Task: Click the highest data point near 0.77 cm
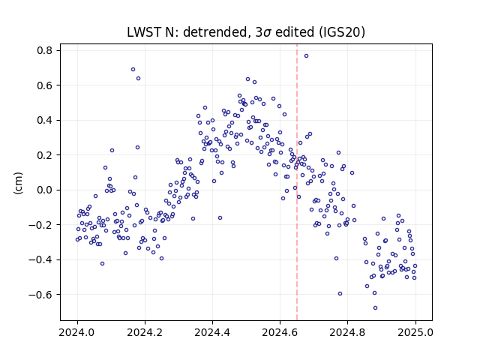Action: [306, 56]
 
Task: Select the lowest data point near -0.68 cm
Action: [375, 308]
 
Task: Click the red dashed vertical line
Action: [297, 182]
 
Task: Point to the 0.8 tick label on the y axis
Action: [44, 50]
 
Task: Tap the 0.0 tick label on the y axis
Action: [44, 190]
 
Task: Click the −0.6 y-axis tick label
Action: [40, 295]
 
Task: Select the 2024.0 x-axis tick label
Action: [77, 332]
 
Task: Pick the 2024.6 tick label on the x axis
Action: [280, 332]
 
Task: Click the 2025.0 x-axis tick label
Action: [415, 332]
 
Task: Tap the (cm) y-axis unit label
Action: [18, 183]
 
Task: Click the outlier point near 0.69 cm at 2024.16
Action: [133, 70]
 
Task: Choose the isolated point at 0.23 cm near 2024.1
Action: [112, 150]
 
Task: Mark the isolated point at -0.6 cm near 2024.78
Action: [340, 294]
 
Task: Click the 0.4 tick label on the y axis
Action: [44, 120]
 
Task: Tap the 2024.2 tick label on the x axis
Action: [145, 332]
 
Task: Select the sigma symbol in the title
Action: [267, 33]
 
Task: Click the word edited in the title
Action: [295, 32]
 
